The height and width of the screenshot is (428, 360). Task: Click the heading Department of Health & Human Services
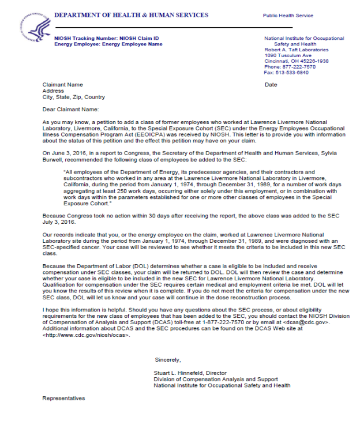click(x=131, y=15)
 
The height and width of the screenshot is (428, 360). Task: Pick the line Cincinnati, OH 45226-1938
click(x=296, y=61)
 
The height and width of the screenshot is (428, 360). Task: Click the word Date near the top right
click(x=271, y=85)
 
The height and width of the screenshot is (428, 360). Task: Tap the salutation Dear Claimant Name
click(x=70, y=108)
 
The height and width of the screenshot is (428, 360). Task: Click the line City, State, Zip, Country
click(x=73, y=97)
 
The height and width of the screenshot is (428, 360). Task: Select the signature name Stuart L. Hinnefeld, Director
click(x=190, y=373)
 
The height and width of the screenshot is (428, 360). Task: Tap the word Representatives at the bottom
click(x=63, y=398)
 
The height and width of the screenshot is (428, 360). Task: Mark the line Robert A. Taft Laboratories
click(x=296, y=50)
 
